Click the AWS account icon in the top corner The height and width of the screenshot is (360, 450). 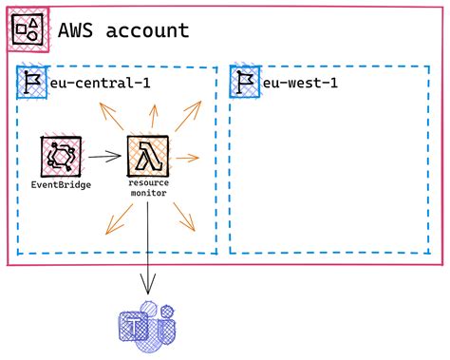pos(29,31)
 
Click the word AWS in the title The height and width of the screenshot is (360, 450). pos(74,31)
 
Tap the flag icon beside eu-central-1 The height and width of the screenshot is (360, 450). pos(31,83)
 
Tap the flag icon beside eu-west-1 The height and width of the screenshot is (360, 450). pos(245,83)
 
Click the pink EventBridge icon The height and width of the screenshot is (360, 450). pos(61,155)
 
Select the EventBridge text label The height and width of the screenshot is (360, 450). pos(61,184)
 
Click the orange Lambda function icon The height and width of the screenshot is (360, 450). pos(148,153)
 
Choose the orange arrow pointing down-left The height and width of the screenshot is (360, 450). pos(115,223)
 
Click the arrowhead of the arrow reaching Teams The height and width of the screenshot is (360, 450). pos(147,287)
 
